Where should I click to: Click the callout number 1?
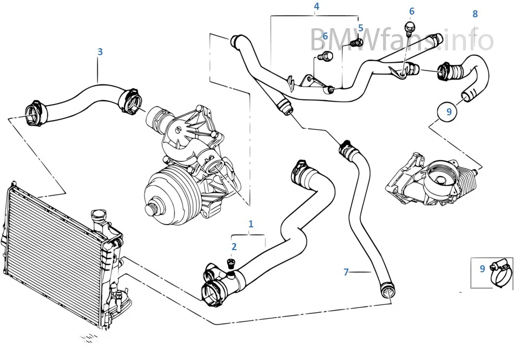pos(251,224)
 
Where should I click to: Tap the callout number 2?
pos(234,247)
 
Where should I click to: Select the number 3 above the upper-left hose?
pos(100,52)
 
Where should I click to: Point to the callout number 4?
pos(317,6)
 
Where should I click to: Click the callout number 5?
pos(360,28)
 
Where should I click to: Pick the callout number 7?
pos(346,272)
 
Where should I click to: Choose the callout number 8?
pos(475,14)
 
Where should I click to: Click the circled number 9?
pos(449,112)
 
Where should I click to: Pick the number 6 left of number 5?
pos(325,36)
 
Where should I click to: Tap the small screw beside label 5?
pos(355,42)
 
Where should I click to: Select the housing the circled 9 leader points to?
pos(430,179)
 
